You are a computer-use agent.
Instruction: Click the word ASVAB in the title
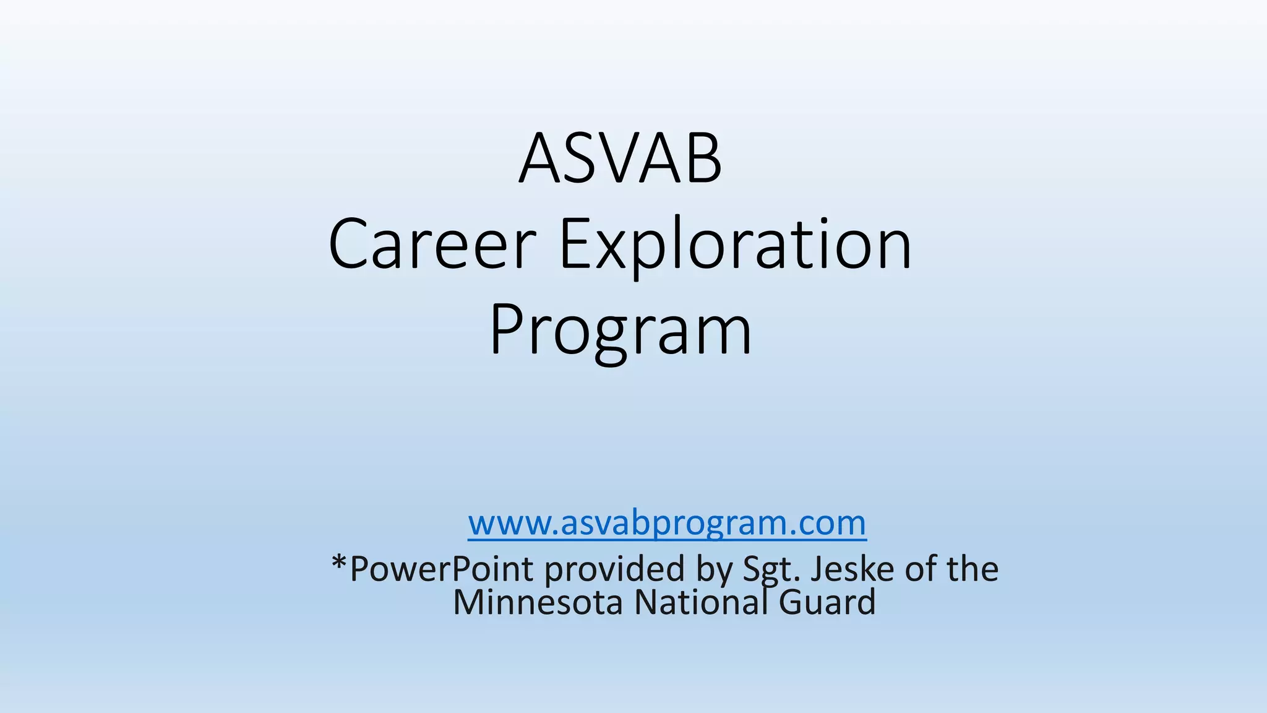pyautogui.click(x=621, y=159)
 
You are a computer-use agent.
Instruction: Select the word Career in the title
pyautogui.click(x=432, y=244)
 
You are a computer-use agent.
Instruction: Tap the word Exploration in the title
pyautogui.click(x=735, y=244)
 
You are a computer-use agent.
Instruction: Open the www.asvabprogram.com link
pyautogui.click(x=667, y=523)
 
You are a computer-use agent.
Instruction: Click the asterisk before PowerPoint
pyautogui.click(x=340, y=564)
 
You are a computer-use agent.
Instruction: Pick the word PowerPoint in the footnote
pyautogui.click(x=441, y=569)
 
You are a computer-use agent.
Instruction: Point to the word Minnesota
pyautogui.click(x=538, y=602)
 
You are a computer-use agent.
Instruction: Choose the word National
pyautogui.click(x=701, y=602)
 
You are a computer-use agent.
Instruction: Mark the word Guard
pyautogui.click(x=827, y=602)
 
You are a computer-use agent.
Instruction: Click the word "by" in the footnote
pyautogui.click(x=714, y=569)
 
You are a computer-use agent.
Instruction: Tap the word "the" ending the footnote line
pyautogui.click(x=973, y=569)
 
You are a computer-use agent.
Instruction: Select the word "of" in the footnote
pyautogui.click(x=920, y=569)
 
